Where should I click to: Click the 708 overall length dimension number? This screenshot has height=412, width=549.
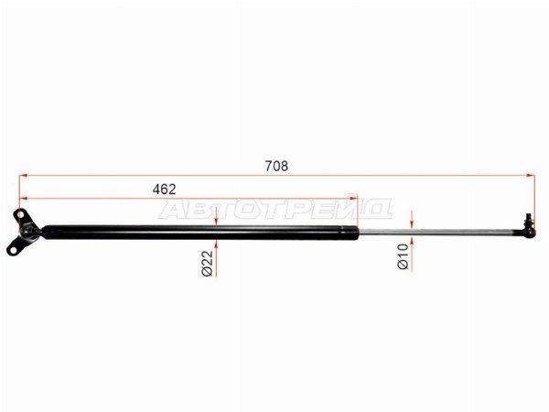276,166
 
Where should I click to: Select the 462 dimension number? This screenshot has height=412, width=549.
164,190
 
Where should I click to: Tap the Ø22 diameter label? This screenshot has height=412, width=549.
208,264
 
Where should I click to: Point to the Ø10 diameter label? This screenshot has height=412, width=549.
403,256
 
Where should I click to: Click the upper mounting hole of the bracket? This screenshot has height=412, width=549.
20,214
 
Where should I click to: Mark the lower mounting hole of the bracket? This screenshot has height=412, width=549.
13,251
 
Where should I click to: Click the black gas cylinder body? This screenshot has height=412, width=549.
200,233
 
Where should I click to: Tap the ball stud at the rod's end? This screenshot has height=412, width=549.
529,225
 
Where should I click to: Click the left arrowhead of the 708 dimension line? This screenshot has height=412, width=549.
23,175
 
